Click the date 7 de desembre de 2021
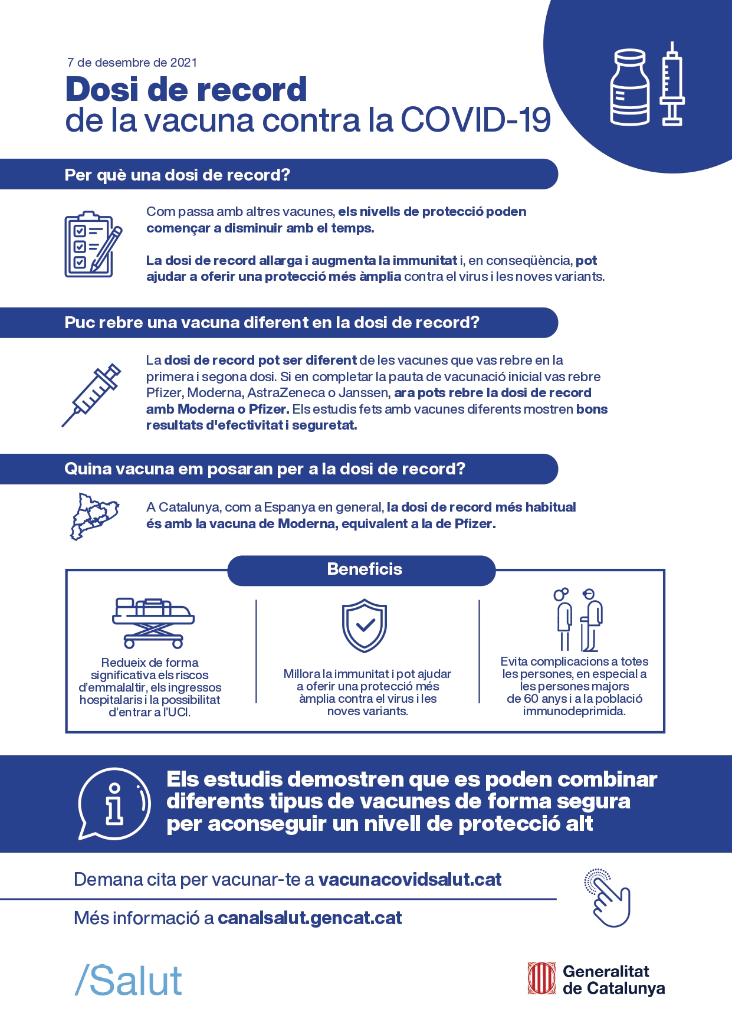tap(132, 63)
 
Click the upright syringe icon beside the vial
tap(672, 84)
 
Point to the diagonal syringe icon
tap(92, 394)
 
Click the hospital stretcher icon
tap(153, 623)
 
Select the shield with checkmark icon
tap(365, 625)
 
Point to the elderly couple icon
tap(578, 620)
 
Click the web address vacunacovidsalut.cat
tap(410, 880)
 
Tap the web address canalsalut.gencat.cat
tap(310, 918)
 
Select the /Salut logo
tap(129, 981)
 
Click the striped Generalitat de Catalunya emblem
tap(541, 979)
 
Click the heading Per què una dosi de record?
tap(178, 175)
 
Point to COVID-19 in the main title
tap(476, 120)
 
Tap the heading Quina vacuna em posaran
tap(264, 469)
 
